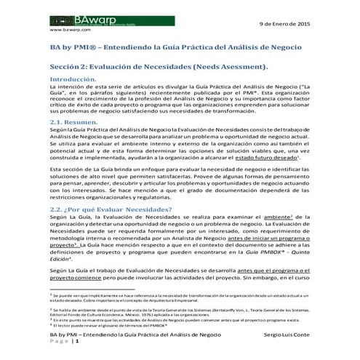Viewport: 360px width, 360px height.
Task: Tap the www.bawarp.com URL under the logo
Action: pyautogui.click(x=69, y=31)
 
